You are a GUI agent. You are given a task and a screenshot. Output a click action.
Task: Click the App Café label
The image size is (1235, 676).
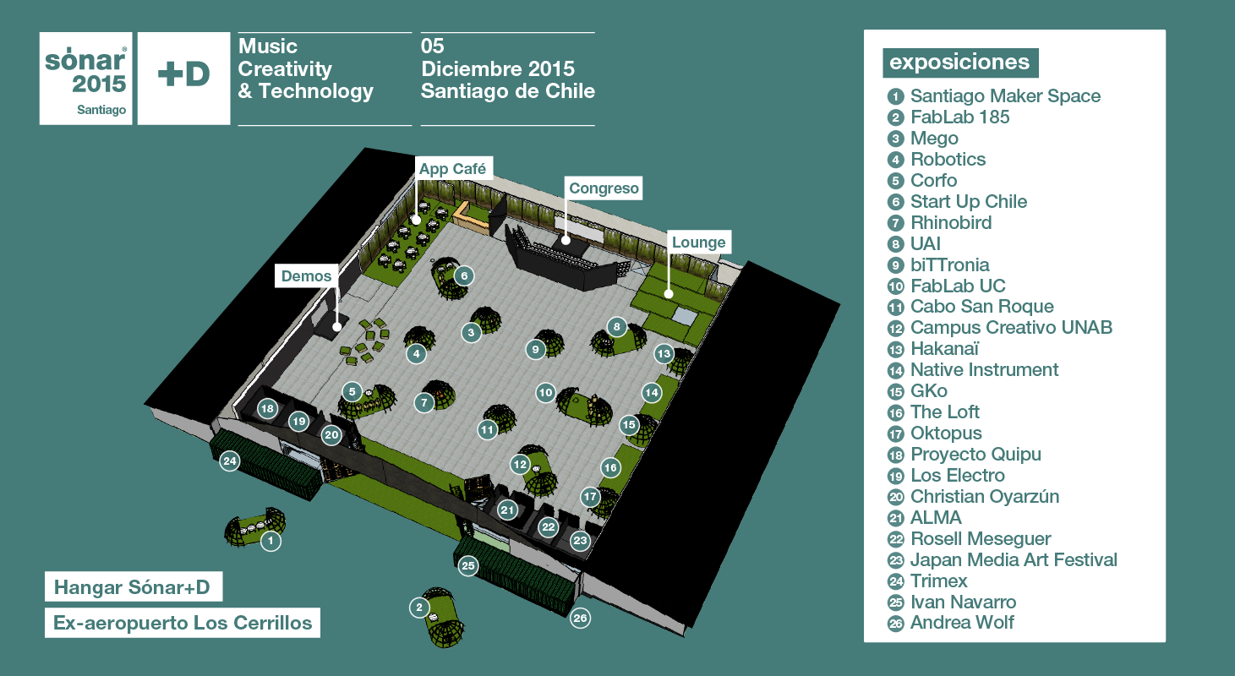[453, 169]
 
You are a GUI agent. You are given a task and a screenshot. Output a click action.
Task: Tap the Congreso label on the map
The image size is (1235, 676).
[604, 188]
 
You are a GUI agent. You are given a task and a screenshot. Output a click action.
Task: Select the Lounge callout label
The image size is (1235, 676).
[698, 243]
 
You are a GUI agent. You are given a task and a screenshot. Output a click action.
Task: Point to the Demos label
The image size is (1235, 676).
[306, 276]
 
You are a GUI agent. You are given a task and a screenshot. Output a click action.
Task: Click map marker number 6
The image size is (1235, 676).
[464, 276]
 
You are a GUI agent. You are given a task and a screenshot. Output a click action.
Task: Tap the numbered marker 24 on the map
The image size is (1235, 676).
[230, 461]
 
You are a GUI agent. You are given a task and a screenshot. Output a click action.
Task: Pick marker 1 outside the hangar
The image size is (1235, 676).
[270, 541]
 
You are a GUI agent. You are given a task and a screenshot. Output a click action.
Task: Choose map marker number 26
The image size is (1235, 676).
[580, 619]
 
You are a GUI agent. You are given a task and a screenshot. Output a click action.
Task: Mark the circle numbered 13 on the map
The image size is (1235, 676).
[664, 354]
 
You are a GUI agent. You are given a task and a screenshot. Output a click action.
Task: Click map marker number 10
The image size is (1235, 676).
[546, 393]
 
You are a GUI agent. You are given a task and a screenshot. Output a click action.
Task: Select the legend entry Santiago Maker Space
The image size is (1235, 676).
[993, 95]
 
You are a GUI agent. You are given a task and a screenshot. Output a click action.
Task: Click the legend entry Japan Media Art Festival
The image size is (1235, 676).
[1002, 559]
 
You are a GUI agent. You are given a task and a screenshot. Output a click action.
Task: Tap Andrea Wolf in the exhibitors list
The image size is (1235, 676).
[950, 623]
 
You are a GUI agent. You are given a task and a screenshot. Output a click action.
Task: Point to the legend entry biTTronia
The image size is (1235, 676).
[937, 265]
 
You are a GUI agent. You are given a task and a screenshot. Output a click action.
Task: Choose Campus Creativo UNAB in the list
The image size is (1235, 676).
[999, 328]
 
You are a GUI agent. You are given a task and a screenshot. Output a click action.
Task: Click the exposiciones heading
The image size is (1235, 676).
[960, 63]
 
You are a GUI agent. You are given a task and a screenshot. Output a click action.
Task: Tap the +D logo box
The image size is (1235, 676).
[183, 79]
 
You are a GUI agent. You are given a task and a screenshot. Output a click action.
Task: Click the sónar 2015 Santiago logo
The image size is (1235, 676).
[86, 79]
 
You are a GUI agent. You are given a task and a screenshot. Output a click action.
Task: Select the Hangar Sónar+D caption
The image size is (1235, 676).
[133, 586]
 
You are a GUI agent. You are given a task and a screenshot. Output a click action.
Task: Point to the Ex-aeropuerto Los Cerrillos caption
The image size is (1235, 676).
[183, 623]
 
